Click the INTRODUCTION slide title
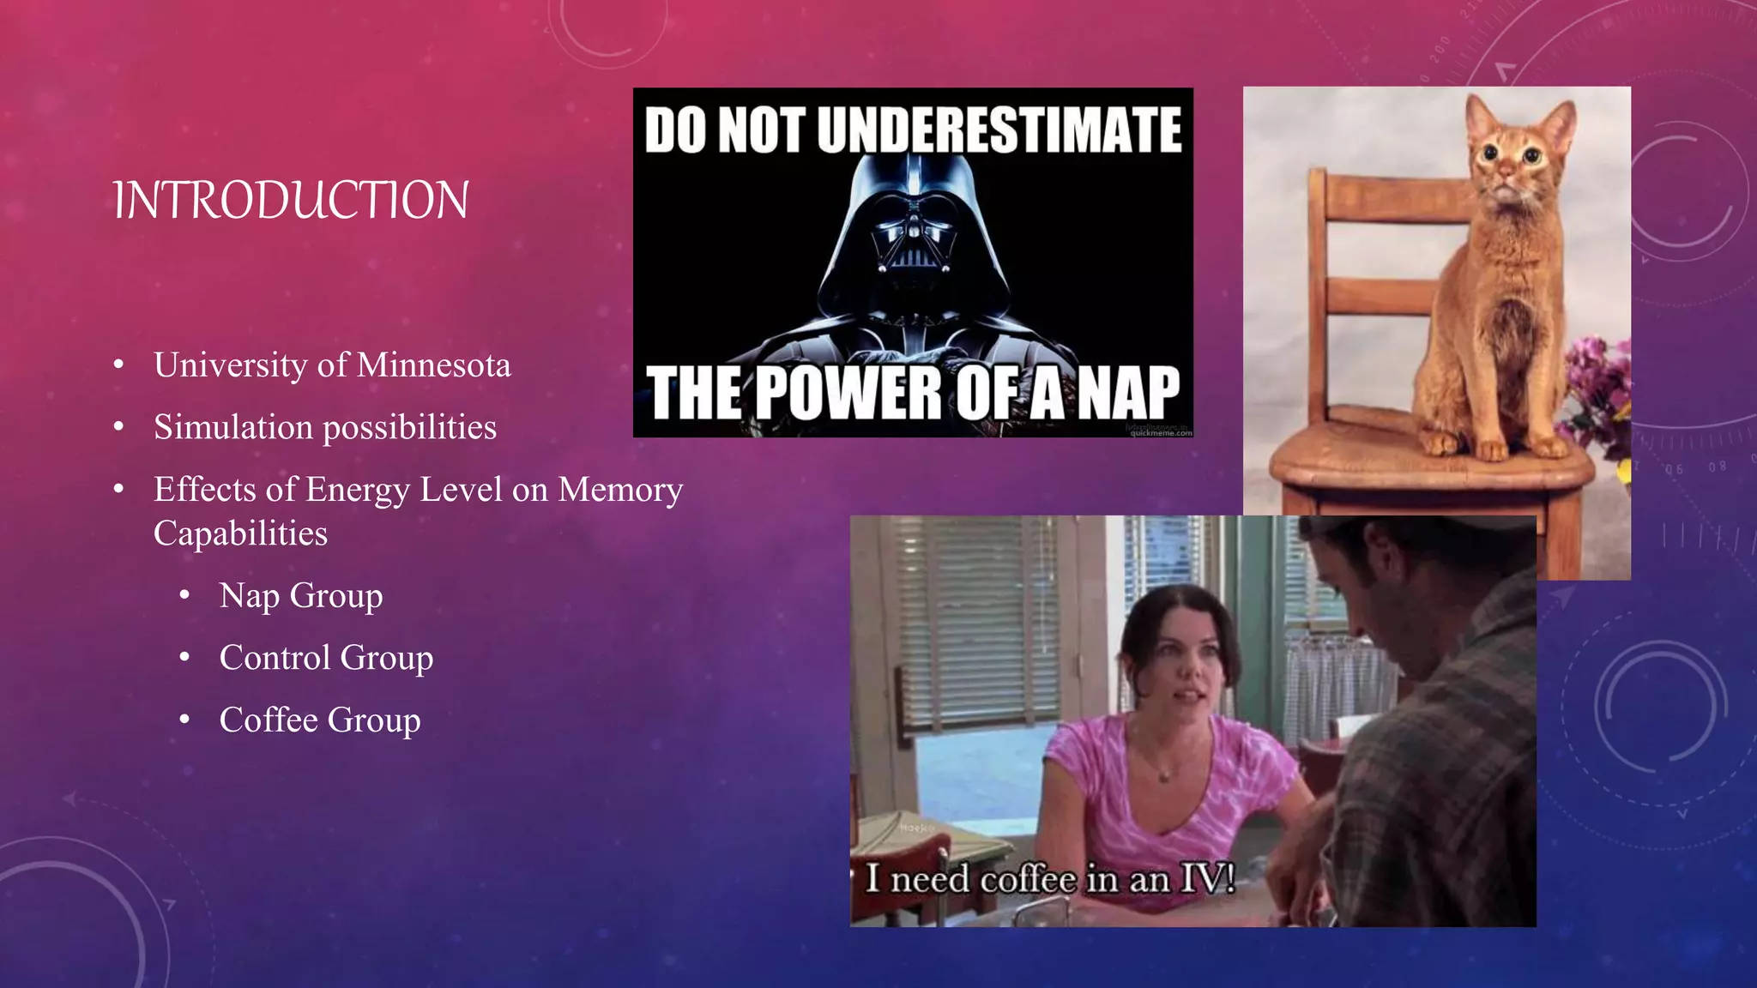pos(291,201)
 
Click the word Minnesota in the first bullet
pos(433,365)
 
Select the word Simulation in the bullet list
pos(233,427)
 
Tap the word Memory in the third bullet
pos(620,490)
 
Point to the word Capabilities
pos(240,533)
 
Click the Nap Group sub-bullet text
pos(300,596)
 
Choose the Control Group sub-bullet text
pos(326,658)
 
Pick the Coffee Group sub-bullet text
pos(319,720)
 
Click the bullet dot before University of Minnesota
pos(118,366)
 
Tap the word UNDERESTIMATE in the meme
pos(999,130)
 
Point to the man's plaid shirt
pos(1441,772)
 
